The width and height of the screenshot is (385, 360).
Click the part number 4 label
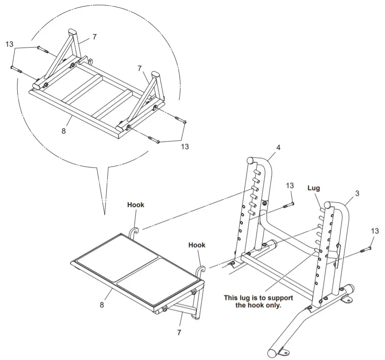[278, 147]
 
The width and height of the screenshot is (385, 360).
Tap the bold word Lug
[314, 188]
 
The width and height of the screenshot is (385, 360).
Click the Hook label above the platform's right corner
[197, 245]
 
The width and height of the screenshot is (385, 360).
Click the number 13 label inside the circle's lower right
[185, 147]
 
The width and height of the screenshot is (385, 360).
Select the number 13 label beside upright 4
[290, 185]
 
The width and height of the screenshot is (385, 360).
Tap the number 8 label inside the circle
[64, 131]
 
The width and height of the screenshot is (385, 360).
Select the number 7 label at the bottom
[178, 333]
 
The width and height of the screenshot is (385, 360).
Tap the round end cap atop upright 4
[250, 160]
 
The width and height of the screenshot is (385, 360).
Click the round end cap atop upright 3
[328, 205]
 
